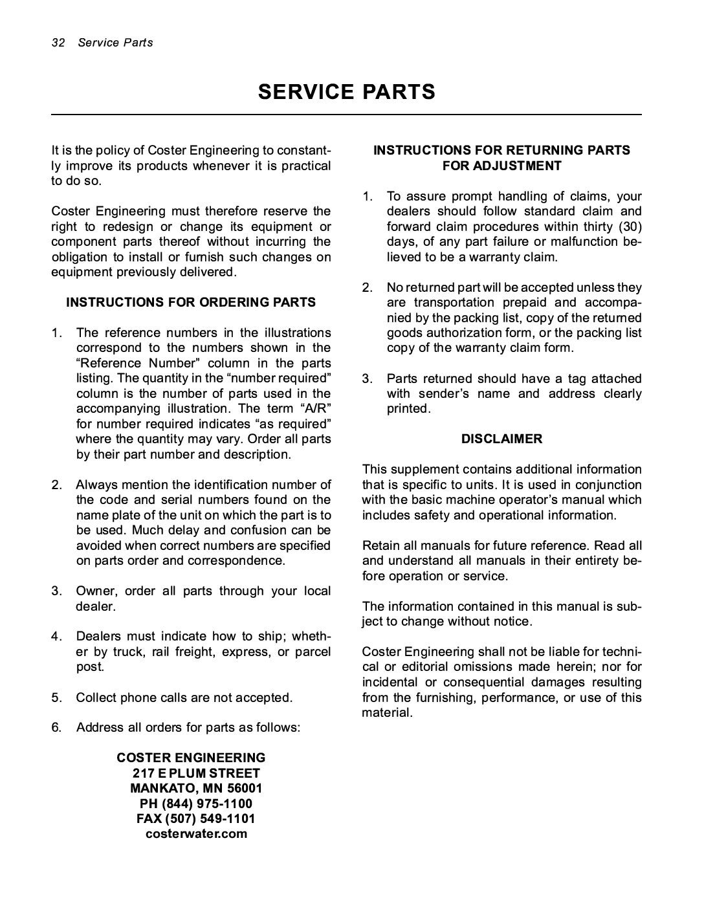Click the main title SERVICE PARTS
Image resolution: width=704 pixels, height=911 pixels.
[347, 93]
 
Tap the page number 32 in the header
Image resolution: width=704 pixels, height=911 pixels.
[58, 43]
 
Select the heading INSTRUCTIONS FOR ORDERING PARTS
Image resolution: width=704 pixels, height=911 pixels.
[191, 302]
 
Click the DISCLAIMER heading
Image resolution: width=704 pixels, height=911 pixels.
[501, 439]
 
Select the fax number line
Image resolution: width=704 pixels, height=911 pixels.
[196, 818]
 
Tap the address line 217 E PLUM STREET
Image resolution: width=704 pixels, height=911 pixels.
[197, 773]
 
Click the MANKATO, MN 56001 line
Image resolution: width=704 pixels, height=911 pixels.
[196, 788]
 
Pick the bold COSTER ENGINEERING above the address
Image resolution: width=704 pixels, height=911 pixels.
[191, 758]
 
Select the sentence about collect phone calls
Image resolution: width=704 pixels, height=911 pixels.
[184, 697]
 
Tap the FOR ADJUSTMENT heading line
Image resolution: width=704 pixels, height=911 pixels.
[501, 166]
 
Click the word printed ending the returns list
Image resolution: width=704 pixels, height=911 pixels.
[408, 409]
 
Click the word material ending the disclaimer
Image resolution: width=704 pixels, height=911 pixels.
[387, 713]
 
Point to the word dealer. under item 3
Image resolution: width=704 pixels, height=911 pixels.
[96, 606]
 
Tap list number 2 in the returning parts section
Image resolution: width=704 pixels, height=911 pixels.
[367, 287]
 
